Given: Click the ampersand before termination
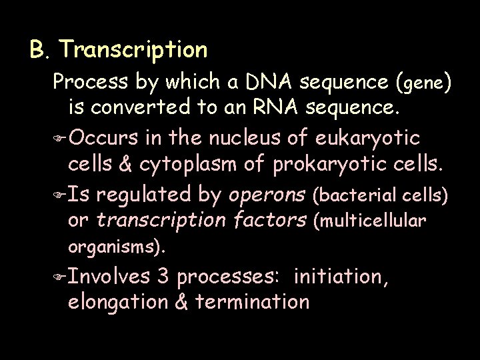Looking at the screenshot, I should [x=180, y=301].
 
